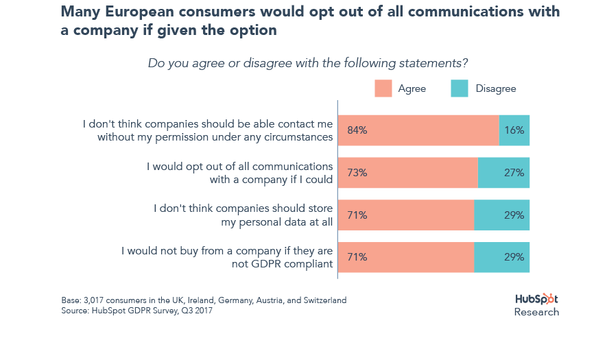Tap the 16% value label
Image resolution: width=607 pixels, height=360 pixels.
click(514, 130)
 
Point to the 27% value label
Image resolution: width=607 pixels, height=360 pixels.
click(514, 173)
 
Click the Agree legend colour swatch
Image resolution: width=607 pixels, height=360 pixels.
click(383, 88)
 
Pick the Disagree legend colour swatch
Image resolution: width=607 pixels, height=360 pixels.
click(459, 88)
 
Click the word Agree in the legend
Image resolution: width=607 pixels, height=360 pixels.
click(412, 88)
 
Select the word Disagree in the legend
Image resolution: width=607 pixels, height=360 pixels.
click(495, 88)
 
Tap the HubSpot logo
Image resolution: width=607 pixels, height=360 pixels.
click(536, 300)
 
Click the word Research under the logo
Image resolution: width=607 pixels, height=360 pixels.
click(536, 312)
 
